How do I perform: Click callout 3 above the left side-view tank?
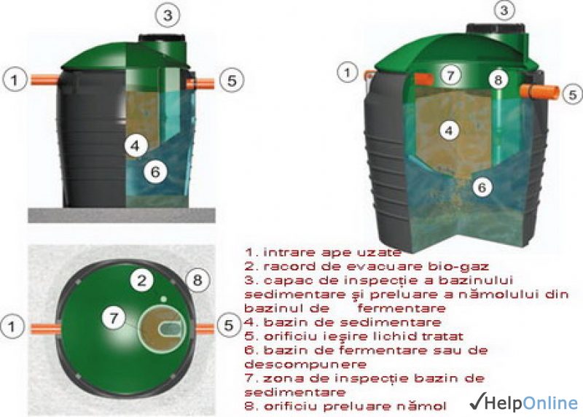click(168, 15)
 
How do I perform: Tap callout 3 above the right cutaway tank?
click(504, 10)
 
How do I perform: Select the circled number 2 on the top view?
click(141, 281)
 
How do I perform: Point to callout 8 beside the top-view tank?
click(197, 280)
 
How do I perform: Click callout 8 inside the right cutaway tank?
click(498, 79)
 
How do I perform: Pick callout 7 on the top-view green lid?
click(114, 318)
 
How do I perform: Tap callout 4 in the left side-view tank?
click(136, 146)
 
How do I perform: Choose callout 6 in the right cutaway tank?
click(482, 187)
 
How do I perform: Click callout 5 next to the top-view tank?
click(228, 325)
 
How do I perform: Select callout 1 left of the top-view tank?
click(12, 327)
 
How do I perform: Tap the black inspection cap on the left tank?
click(162, 38)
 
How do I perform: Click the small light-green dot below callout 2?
click(163, 299)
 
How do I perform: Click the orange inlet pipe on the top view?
click(44, 329)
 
